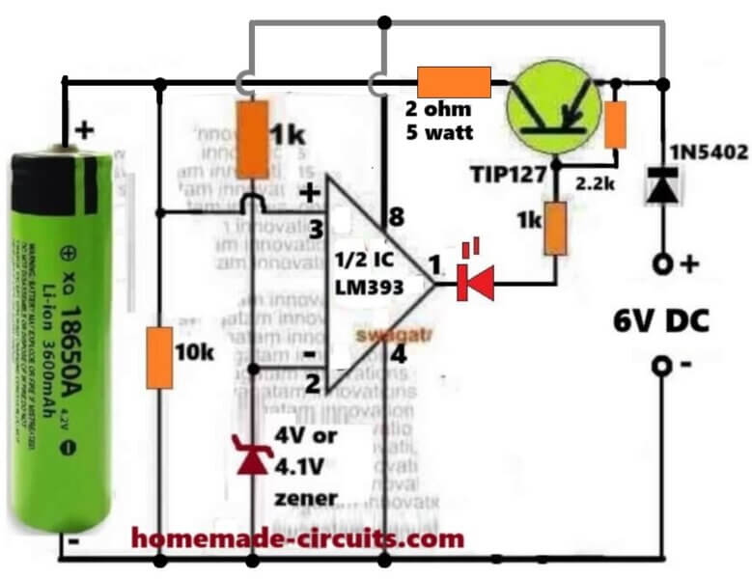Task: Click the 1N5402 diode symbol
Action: pos(661,186)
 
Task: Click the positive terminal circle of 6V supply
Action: pos(661,263)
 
